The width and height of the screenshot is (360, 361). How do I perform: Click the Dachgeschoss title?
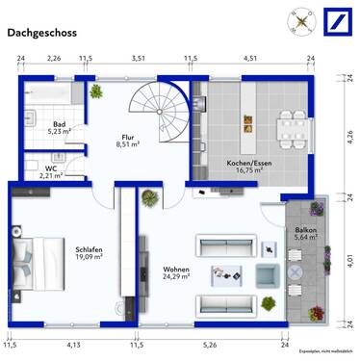point(43,32)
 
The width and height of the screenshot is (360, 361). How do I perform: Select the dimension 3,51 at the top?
point(138,59)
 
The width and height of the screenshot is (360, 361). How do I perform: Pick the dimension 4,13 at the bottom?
point(70,343)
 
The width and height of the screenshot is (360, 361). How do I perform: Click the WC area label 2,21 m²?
point(51,175)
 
